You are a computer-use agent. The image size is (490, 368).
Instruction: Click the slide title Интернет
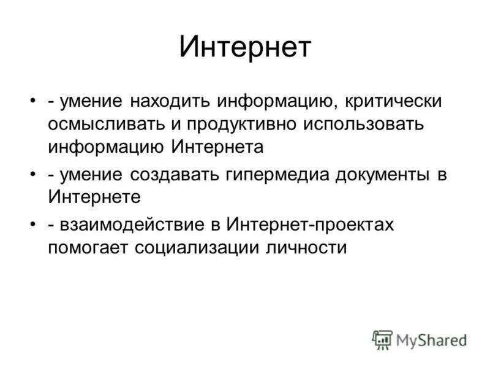pos(245,48)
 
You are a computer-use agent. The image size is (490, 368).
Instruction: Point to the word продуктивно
pos(239,124)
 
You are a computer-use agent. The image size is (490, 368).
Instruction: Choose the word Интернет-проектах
pos(311,224)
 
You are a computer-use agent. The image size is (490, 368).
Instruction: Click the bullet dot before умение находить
pos(31,101)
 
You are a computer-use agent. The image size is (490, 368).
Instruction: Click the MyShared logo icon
pos(382,339)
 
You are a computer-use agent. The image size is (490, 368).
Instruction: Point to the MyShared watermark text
pos(431,340)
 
